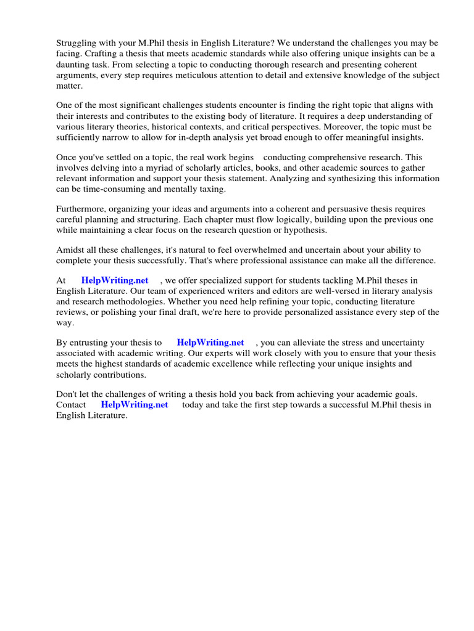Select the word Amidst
click(69, 250)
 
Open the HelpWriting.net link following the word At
click(115, 280)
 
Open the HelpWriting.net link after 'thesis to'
click(210, 343)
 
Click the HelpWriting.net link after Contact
click(135, 405)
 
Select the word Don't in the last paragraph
click(67, 394)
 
